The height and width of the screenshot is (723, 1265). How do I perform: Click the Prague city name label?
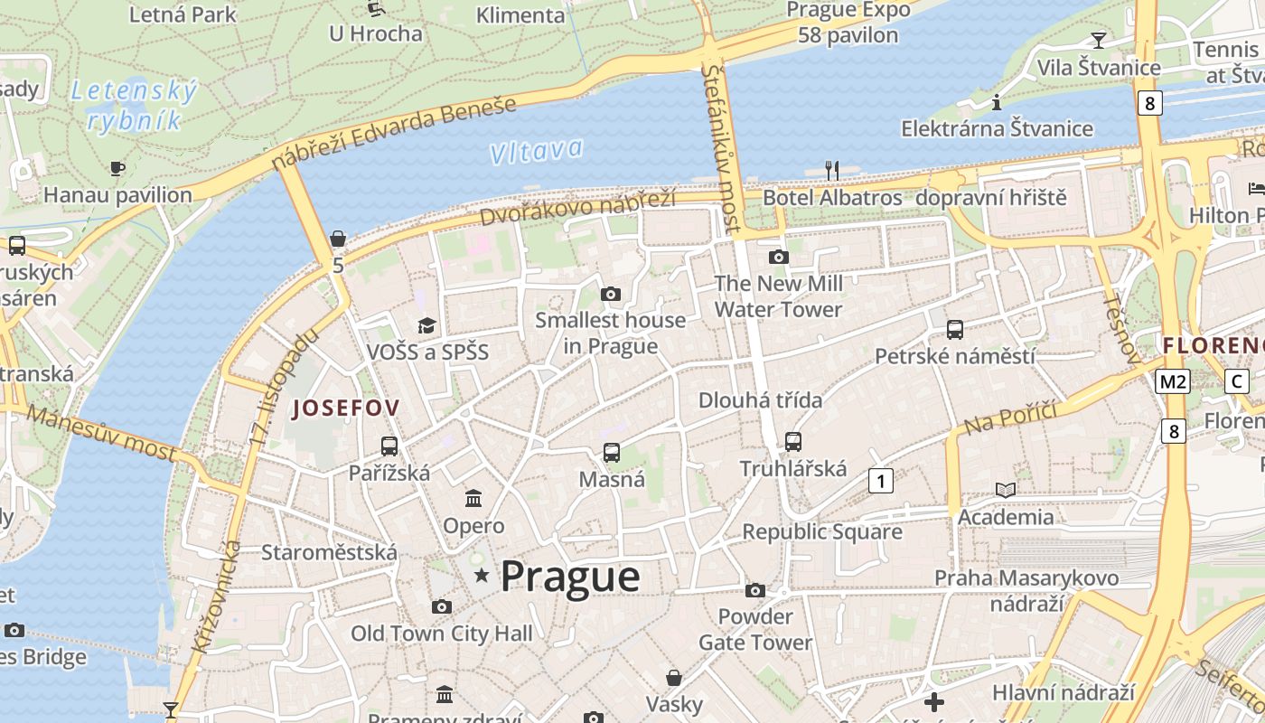570,577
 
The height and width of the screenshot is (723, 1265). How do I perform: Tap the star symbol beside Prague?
483,576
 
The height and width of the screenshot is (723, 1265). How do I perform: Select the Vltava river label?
536,151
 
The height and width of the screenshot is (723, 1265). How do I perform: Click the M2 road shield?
1172,381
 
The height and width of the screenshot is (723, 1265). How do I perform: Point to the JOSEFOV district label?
346,408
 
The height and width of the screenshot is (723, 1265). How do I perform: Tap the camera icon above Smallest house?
611,294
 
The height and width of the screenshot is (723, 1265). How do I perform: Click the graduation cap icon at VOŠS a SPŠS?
426,325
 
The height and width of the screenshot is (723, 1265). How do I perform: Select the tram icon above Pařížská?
389,446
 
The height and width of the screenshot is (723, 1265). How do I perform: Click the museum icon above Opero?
473,498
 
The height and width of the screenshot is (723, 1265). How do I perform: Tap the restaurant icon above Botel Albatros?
832,170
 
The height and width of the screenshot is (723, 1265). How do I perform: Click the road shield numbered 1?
881,481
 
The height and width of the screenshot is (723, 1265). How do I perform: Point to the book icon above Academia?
1005,490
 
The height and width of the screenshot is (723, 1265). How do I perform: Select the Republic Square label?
822,532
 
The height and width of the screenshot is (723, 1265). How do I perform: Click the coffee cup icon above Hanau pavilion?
117,168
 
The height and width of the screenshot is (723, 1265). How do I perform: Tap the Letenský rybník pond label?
134,105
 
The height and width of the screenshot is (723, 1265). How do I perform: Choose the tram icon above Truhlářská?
793,442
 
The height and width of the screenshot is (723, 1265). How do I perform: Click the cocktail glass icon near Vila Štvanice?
1099,40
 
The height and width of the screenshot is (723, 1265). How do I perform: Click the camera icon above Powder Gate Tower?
755,590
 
